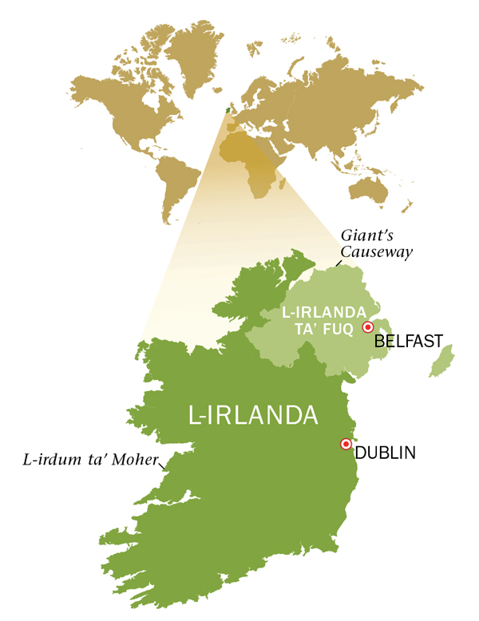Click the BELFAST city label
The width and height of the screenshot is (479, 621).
(408, 341)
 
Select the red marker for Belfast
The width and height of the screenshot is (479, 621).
(368, 327)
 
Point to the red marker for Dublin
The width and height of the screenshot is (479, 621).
(346, 444)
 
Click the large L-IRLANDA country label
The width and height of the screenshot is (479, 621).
(253, 416)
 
